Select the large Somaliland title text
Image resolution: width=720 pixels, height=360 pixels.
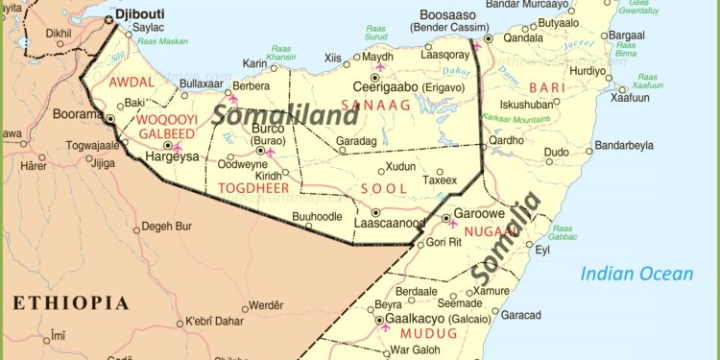tap(285, 114)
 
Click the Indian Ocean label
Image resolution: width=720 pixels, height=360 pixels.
tap(636, 275)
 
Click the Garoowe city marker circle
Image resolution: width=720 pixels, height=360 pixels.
tap(445, 219)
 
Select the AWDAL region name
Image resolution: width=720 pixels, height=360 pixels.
tap(131, 83)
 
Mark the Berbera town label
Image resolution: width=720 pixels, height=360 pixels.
tap(252, 85)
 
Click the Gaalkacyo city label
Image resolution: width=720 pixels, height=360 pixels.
tap(419, 320)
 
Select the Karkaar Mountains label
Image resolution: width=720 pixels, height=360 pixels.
tap(521, 120)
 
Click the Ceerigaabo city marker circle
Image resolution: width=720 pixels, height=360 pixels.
tap(374, 77)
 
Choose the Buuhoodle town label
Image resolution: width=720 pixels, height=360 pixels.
tap(316, 217)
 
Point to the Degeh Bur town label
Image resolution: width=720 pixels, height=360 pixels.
tap(167, 227)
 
